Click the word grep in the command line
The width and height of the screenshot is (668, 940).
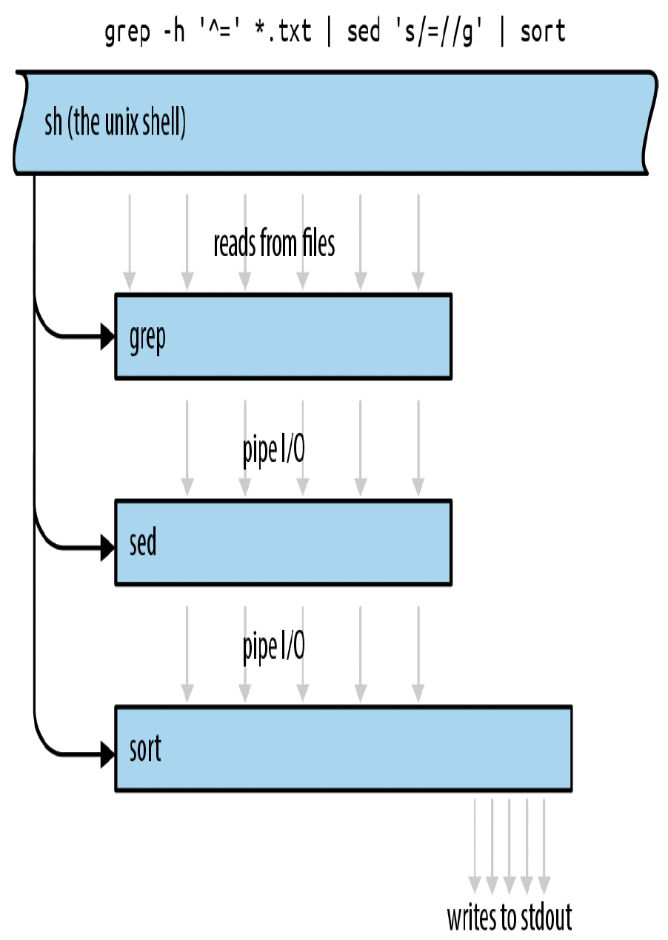127,33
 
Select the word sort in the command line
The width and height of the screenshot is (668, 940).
543,31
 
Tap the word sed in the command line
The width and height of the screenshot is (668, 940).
364,31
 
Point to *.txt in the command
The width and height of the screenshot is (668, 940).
284,31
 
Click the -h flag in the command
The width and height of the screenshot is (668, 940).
173,31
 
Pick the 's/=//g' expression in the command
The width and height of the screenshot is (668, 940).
438,32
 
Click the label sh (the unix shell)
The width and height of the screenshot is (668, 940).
115,122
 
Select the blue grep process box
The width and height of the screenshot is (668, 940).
284,337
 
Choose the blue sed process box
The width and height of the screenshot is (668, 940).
284,543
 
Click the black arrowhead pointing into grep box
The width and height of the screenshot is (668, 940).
107,337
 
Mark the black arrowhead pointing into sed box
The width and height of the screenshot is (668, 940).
107,548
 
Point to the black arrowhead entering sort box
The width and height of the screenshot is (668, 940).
107,754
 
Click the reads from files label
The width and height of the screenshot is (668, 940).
274,243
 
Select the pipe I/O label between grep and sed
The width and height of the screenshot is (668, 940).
274,450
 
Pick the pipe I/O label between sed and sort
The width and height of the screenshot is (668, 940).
274,647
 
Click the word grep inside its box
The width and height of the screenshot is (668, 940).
147,338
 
